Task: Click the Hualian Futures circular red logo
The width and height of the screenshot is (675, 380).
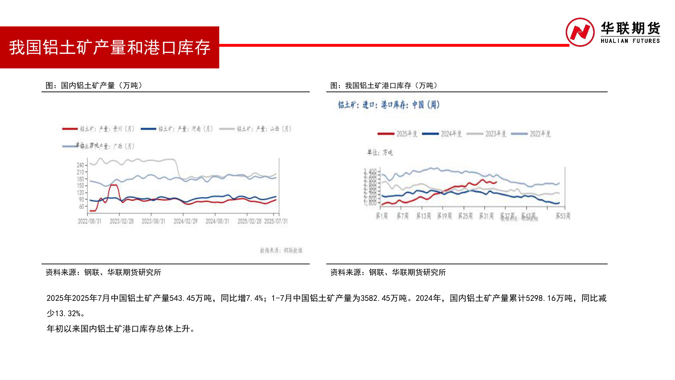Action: tap(580, 32)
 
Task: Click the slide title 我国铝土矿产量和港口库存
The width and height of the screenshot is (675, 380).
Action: tap(109, 47)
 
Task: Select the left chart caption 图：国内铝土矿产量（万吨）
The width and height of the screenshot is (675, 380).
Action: tap(94, 85)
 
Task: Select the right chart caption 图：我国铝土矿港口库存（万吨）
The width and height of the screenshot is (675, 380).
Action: tap(384, 85)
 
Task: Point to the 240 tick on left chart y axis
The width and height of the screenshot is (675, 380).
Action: tap(81, 165)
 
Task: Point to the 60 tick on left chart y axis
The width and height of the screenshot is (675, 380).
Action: tap(82, 207)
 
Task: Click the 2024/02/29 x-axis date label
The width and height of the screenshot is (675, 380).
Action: tap(185, 221)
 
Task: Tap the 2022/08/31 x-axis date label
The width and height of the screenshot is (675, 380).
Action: tap(90, 221)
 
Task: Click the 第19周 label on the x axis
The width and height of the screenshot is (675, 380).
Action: tap(444, 216)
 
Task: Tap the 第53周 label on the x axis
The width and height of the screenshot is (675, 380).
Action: tap(563, 216)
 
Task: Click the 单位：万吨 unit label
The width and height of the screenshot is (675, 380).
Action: tap(380, 152)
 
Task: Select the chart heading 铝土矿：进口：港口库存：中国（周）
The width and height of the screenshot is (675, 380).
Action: tap(389, 105)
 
